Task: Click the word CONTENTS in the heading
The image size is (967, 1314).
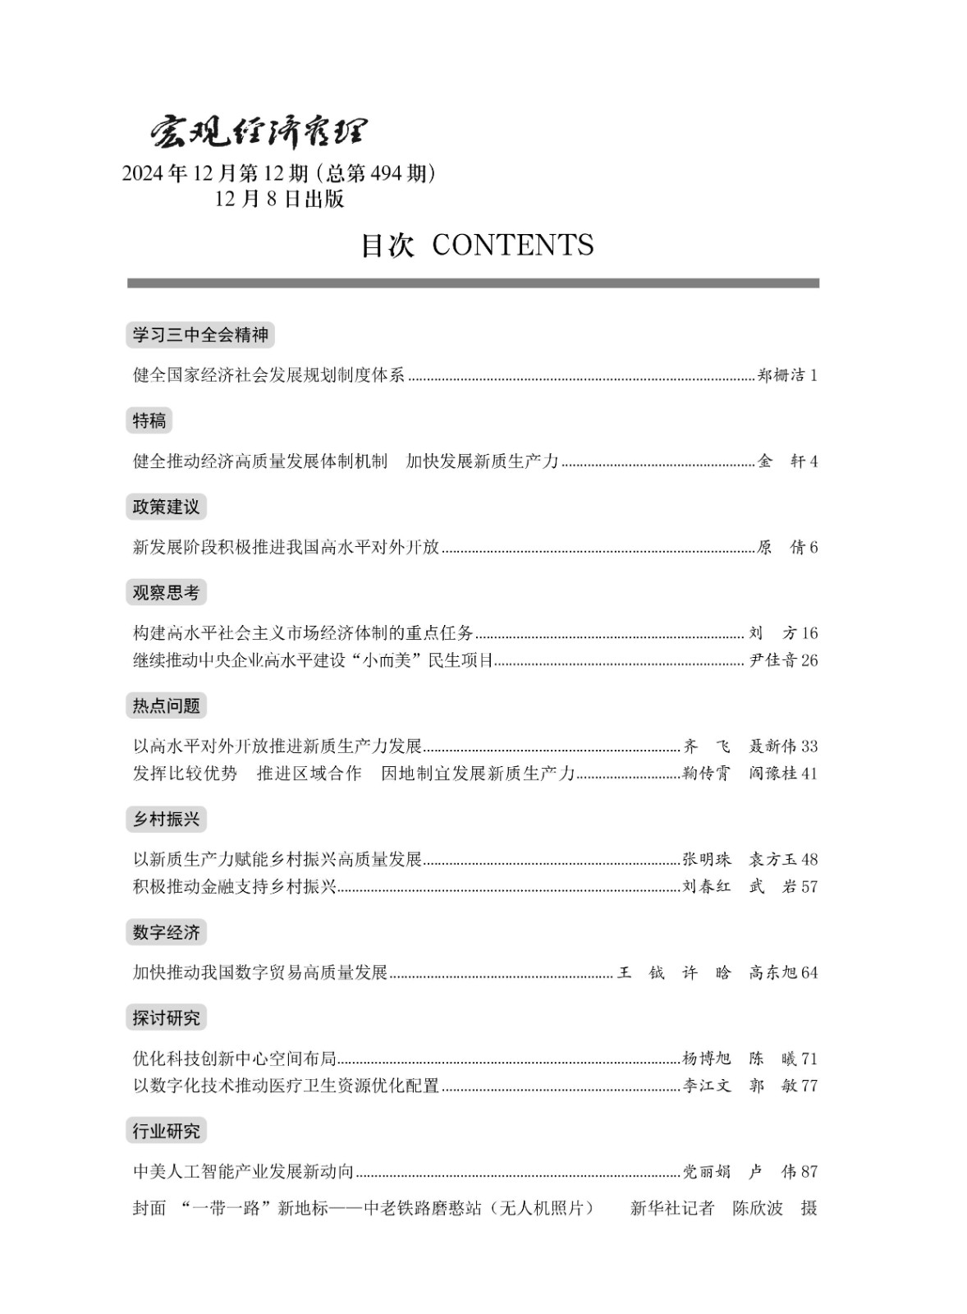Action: coord(512,245)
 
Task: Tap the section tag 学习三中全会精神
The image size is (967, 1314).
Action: coord(200,335)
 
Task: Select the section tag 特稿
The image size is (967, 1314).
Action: coord(149,420)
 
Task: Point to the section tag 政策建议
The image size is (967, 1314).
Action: coord(166,507)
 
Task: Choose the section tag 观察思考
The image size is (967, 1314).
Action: coord(166,592)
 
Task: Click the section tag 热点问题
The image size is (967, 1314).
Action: coord(166,705)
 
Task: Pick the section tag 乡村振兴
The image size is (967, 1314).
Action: coord(166,819)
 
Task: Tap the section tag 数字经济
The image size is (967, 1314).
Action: coord(166,932)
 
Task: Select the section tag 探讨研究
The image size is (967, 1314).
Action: coord(166,1018)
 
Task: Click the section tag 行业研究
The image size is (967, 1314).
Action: coord(166,1131)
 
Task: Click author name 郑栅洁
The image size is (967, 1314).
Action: coord(780,375)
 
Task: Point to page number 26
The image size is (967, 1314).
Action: coord(809,660)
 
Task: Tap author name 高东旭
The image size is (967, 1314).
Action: coord(772,972)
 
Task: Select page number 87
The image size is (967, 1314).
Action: coord(809,1172)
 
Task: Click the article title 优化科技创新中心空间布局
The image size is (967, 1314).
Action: coord(235,1059)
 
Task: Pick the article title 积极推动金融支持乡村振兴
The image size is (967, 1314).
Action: coord(235,886)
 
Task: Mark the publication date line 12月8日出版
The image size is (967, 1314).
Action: coord(279,200)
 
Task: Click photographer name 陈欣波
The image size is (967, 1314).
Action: coord(758,1208)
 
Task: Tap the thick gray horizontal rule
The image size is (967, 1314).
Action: coord(473,283)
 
